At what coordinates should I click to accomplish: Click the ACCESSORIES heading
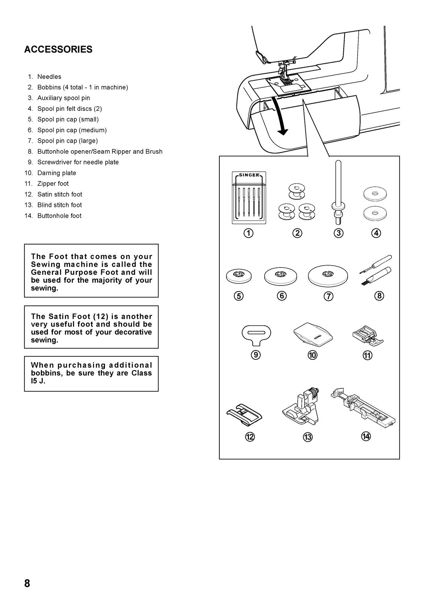pos(58,50)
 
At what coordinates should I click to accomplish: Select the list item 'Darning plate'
pos(57,173)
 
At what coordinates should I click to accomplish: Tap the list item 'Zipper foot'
pos(53,184)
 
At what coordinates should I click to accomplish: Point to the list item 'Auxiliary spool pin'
pos(63,98)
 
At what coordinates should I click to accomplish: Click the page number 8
pos(27,583)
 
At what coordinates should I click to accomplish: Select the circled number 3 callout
pos(339,233)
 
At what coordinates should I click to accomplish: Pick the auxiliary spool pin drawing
pos(338,192)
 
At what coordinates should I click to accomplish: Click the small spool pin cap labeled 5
pos(239,277)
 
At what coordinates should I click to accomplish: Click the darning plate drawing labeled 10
pos(312,333)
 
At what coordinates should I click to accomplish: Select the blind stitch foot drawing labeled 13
pos(301,411)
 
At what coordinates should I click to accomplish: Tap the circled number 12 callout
pos(250,437)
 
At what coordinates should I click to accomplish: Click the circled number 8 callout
pos(379,296)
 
